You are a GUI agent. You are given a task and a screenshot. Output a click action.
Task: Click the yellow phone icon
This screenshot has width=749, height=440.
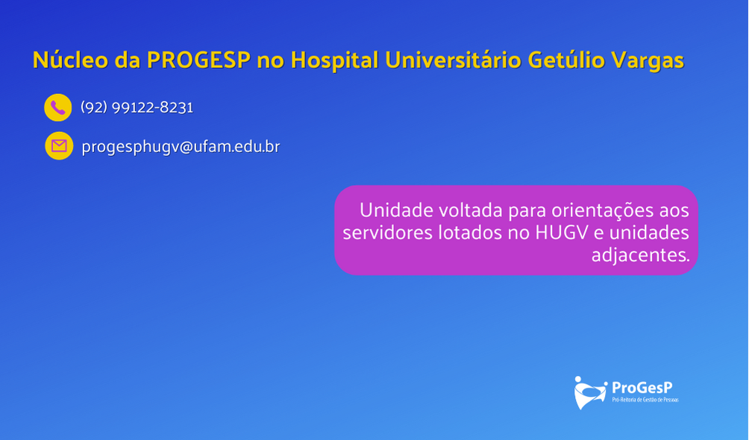click(x=57, y=107)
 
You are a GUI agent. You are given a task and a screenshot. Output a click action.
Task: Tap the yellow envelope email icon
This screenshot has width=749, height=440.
click(x=59, y=145)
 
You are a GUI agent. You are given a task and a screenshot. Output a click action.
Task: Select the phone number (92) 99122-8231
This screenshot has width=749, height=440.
click(x=137, y=107)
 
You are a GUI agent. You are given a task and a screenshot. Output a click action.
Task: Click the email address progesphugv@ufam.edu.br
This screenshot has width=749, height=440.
click(x=181, y=146)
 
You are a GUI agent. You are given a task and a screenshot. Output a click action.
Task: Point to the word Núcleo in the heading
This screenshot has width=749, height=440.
click(x=70, y=60)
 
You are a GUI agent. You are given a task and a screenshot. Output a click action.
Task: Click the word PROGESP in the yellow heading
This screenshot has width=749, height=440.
click(x=198, y=60)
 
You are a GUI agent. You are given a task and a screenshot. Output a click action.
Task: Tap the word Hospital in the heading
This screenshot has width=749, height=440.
click(x=334, y=60)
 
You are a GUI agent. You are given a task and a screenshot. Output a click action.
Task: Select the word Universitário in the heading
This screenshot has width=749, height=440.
click(x=453, y=60)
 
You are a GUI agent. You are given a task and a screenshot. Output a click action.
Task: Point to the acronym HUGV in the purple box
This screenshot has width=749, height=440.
click(x=561, y=233)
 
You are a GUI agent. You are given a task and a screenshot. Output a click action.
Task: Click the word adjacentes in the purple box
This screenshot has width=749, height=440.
click(x=641, y=255)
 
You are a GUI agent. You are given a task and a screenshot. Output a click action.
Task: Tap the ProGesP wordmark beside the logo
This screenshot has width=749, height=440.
click(x=642, y=388)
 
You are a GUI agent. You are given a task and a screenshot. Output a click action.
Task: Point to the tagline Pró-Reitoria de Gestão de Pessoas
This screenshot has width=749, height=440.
click(x=645, y=400)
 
